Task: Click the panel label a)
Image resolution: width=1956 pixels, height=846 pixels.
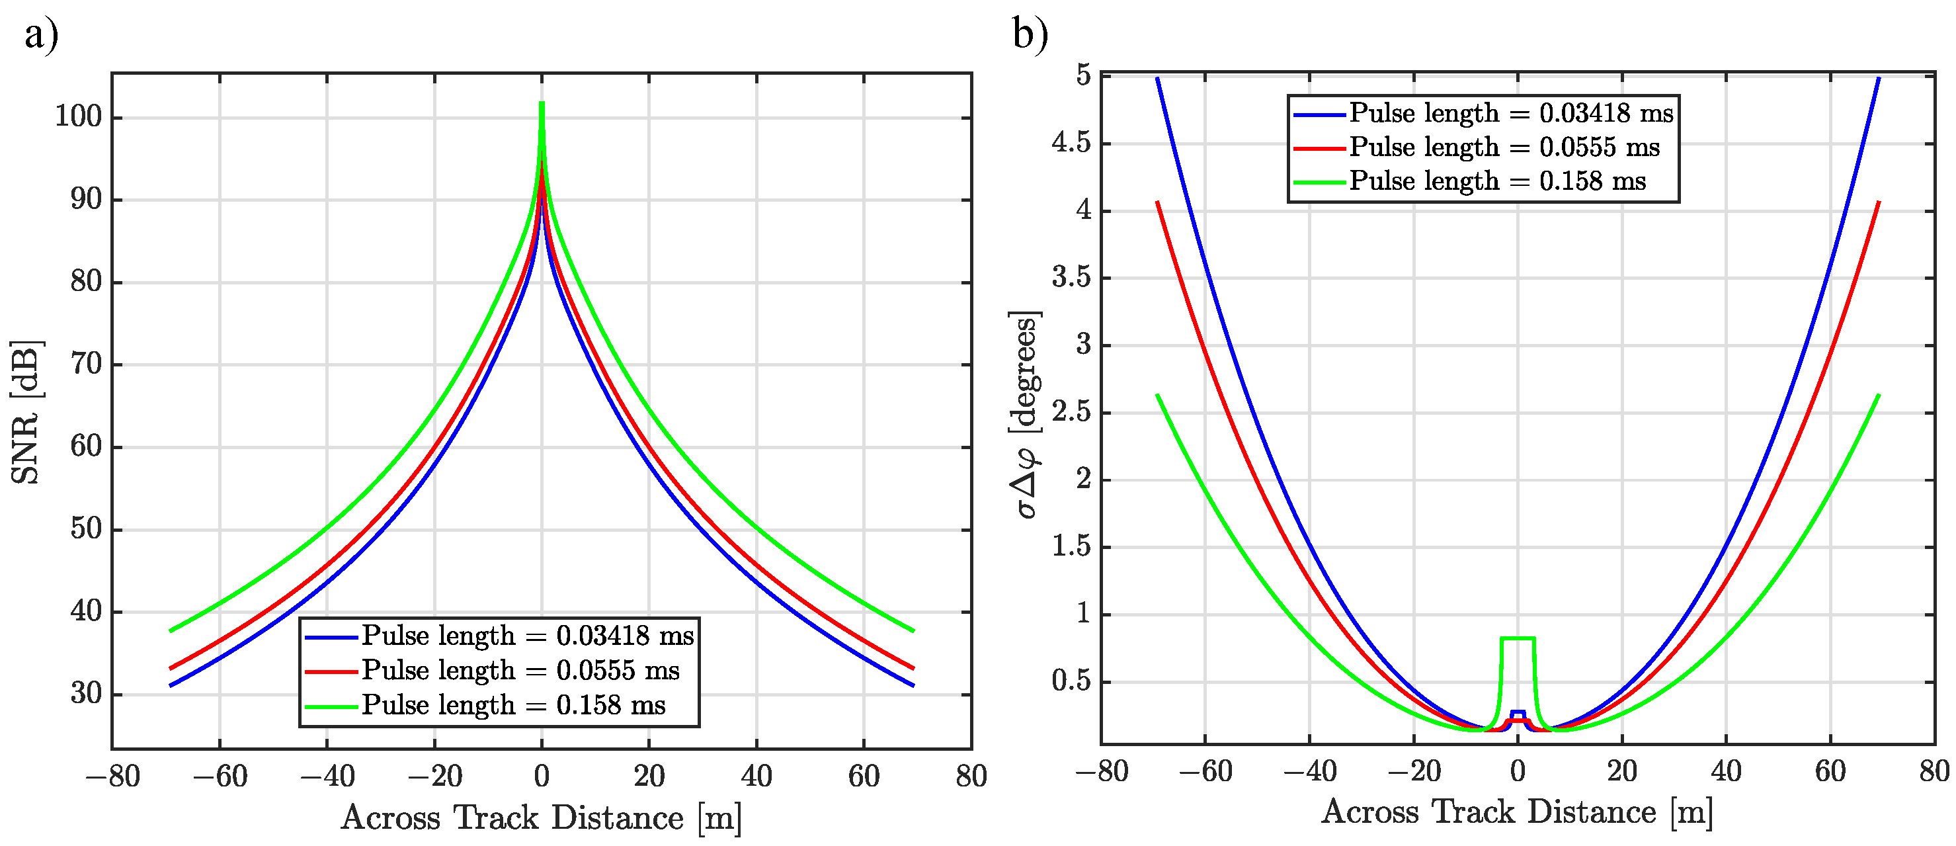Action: coord(41,34)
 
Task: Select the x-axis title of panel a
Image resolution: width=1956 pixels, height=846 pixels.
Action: coord(542,818)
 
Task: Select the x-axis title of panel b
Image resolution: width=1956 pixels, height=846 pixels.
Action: coord(1517,812)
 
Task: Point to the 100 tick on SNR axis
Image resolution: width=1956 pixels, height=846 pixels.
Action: coord(78,117)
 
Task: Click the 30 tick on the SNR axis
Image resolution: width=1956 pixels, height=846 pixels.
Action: coord(86,693)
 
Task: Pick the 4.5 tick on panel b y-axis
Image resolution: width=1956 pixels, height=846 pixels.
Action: coord(1071,143)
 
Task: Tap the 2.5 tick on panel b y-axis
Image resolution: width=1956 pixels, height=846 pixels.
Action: coord(1071,412)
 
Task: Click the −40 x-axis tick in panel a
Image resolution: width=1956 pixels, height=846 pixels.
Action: coord(327,776)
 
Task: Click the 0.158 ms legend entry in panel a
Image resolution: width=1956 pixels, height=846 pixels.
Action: coord(512,706)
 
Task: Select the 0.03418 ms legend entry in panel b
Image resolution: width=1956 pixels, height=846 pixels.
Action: coord(1511,114)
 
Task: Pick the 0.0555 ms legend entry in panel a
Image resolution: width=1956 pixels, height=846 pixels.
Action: coord(520,671)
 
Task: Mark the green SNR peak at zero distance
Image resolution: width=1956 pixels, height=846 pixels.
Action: coord(542,104)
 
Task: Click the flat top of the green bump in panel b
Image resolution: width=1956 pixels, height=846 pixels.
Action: coord(1518,638)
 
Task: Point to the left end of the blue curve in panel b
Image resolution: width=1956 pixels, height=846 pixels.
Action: coord(1157,78)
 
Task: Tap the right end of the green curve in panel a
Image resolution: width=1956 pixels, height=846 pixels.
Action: coord(913,630)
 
